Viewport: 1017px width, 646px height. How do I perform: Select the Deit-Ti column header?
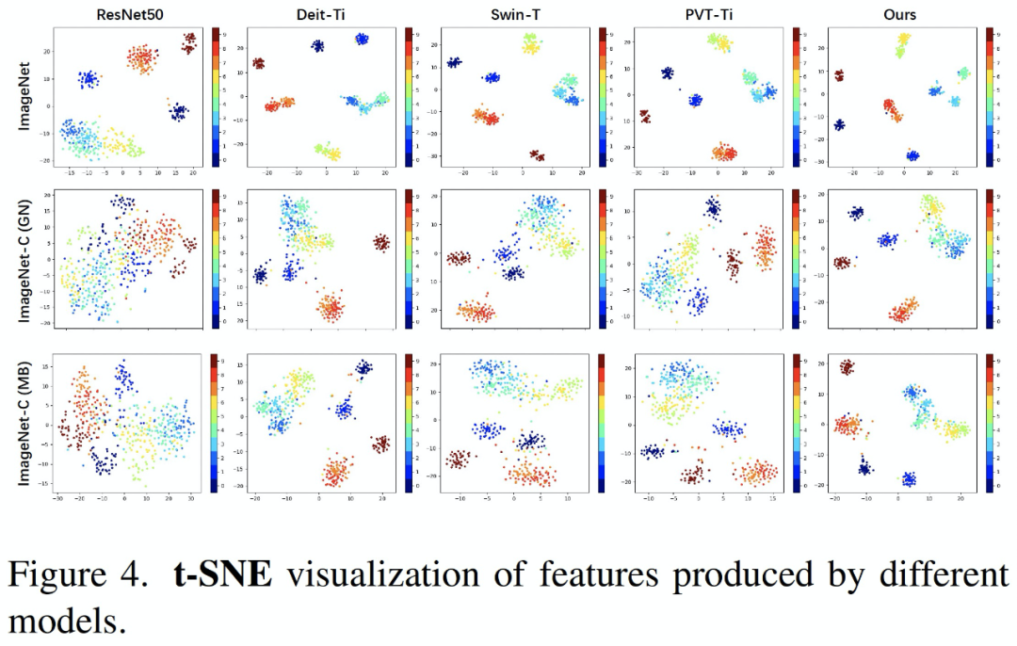coord(324,14)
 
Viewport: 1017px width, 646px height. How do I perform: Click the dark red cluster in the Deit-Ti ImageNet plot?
coord(258,63)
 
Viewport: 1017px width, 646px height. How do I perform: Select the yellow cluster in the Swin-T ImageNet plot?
coord(530,43)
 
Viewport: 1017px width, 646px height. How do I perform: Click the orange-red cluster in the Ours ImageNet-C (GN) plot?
coord(903,310)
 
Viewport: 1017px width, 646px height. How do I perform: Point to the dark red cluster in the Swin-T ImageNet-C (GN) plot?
coord(459,258)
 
